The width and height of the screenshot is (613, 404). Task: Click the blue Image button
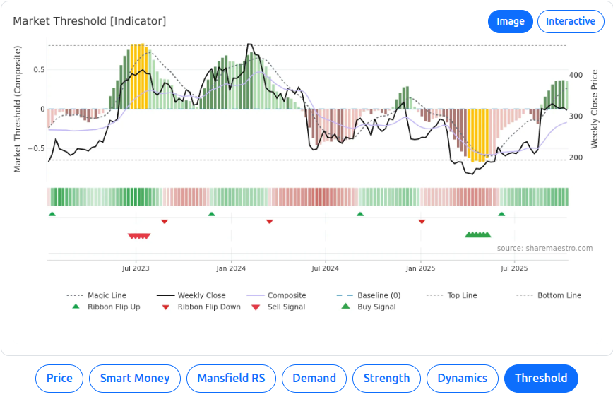click(510, 21)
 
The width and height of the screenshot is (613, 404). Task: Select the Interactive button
click(571, 21)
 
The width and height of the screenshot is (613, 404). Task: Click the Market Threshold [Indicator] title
click(90, 21)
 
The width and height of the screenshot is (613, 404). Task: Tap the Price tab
click(59, 379)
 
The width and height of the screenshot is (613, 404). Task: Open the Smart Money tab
click(135, 379)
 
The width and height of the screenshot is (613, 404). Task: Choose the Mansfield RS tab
click(231, 379)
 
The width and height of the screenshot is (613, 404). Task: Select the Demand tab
click(314, 379)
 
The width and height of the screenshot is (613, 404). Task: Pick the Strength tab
click(386, 379)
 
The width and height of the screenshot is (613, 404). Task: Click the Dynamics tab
click(462, 379)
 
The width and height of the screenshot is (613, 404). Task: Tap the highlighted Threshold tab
click(540, 379)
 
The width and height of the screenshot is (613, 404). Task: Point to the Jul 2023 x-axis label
click(136, 268)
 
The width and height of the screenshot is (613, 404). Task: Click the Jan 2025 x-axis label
click(420, 268)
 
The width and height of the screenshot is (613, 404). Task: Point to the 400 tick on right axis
click(576, 75)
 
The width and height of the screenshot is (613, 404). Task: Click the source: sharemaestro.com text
click(544, 248)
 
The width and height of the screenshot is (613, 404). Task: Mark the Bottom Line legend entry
click(559, 295)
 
